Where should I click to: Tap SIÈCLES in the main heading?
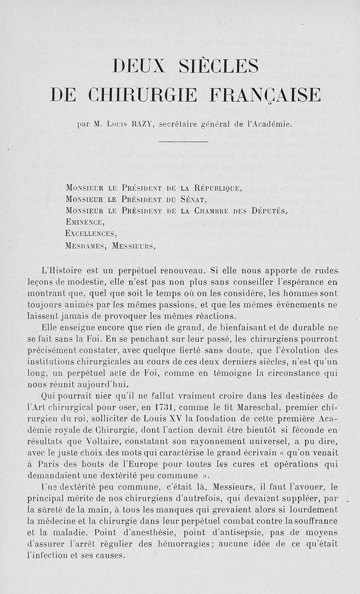219,67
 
